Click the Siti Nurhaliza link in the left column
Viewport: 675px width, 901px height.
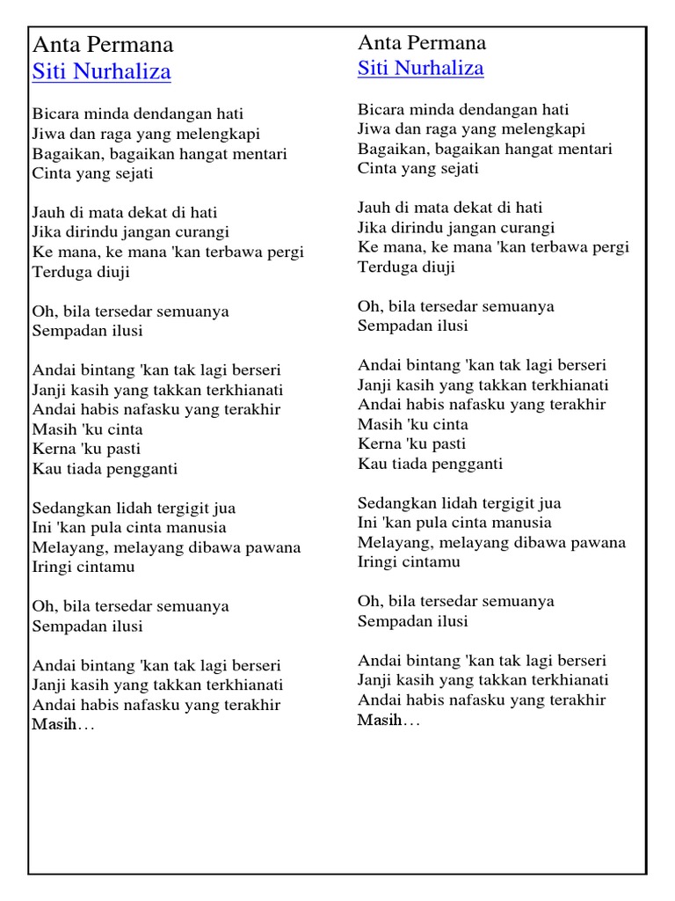click(101, 72)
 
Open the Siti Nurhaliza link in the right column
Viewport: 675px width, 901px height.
click(420, 69)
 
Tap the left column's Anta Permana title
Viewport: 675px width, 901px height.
click(103, 45)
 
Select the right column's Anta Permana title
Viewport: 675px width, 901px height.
click(422, 42)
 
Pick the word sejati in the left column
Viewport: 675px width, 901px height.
click(132, 173)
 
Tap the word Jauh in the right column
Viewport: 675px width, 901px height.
click(374, 208)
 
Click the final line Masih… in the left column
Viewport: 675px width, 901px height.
click(63, 725)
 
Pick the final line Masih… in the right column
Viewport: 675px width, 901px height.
click(388, 721)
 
